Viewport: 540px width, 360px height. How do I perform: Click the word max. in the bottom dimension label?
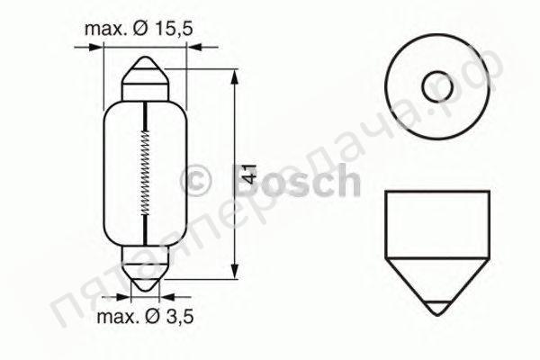(x=117, y=317)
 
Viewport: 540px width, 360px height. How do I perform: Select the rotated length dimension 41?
(x=253, y=173)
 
